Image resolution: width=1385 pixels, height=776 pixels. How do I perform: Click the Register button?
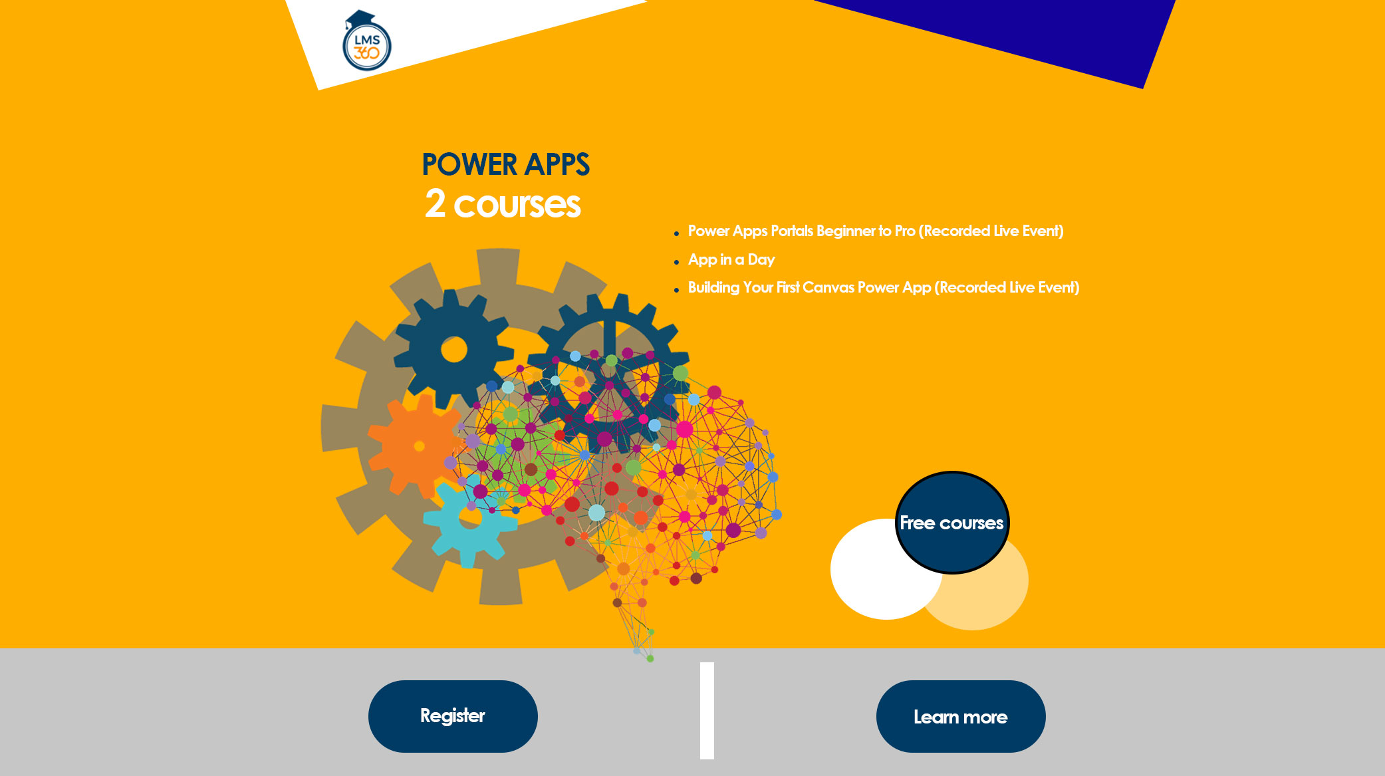pyautogui.click(x=453, y=716)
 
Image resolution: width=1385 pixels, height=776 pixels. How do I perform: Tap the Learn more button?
pyautogui.click(x=961, y=716)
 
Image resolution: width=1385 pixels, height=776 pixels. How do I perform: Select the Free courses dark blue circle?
pyautogui.click(x=952, y=523)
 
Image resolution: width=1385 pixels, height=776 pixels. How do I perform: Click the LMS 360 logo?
pyautogui.click(x=366, y=41)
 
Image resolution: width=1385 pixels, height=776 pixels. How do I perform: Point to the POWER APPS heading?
pyautogui.click(x=506, y=164)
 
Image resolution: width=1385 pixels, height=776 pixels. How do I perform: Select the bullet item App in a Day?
pyautogui.click(x=731, y=259)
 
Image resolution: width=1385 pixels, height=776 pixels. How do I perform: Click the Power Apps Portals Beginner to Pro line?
pyautogui.click(x=876, y=231)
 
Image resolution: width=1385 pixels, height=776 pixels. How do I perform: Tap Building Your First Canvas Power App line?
pyautogui.click(x=884, y=287)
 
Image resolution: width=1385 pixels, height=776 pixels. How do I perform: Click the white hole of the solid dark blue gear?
pyautogui.click(x=454, y=349)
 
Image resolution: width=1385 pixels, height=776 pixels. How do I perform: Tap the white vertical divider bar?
pyautogui.click(x=707, y=710)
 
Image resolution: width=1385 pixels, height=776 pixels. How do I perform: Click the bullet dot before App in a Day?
pyautogui.click(x=676, y=262)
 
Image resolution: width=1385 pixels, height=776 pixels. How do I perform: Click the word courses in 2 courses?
pyautogui.click(x=517, y=205)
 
